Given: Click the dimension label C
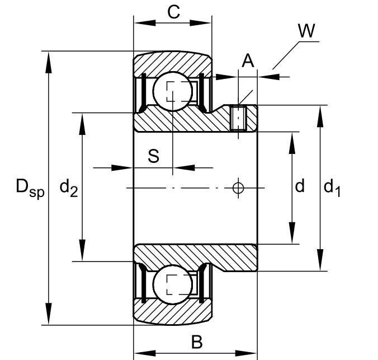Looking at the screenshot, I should (x=174, y=12).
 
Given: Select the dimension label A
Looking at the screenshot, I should (x=248, y=60).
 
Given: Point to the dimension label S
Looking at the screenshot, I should (x=153, y=156).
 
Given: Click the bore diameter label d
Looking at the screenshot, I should (x=300, y=186).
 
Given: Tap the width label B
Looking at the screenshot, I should (x=196, y=342).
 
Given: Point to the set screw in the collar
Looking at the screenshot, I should (x=239, y=118).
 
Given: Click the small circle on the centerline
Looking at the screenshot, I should (x=238, y=188).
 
